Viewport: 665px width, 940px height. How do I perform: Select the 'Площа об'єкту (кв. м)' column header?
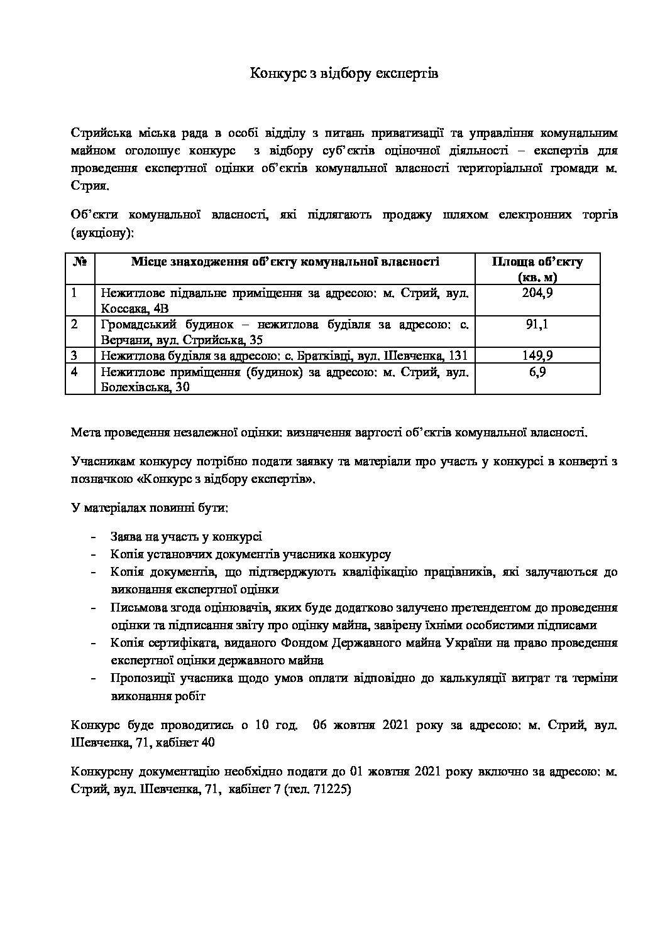537,269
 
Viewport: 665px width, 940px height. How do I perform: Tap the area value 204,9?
537,293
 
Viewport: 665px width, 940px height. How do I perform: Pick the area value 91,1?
537,324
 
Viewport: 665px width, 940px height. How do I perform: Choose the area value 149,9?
537,355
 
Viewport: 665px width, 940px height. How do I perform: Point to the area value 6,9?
537,372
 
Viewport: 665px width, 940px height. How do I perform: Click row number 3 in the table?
74,355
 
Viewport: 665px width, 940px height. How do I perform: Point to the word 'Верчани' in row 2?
121,340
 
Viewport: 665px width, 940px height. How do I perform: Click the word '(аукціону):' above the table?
103,232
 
